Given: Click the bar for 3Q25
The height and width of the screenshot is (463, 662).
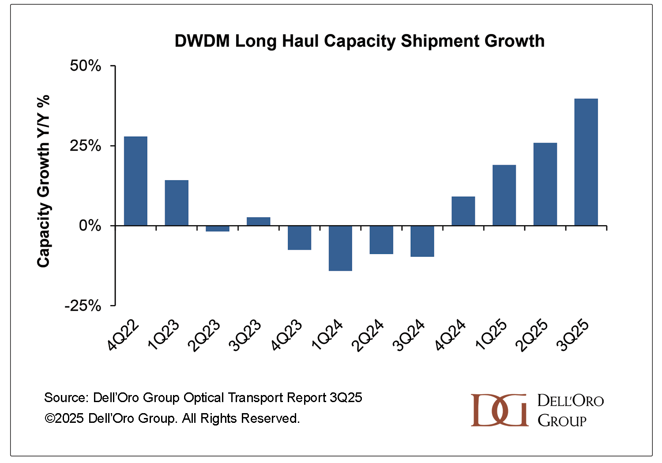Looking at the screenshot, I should (586, 162).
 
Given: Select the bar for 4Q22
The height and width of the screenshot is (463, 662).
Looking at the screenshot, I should (135, 181).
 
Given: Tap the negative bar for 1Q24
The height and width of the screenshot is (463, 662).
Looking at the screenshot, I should (340, 248).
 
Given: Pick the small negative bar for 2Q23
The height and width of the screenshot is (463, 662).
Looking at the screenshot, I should (218, 229).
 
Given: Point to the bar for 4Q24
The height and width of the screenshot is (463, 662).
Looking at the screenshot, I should (463, 211).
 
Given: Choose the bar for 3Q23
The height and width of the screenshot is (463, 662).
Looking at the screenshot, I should (258, 221).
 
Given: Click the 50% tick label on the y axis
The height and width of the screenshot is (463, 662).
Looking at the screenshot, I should (86, 66).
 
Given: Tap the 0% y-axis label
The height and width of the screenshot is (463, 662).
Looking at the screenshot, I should (90, 226).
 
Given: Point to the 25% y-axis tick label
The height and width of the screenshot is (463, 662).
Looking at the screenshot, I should (86, 146).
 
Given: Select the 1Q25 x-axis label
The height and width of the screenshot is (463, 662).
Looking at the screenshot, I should (491, 335).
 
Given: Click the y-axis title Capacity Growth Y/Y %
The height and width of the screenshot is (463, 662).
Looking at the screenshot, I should (43, 181).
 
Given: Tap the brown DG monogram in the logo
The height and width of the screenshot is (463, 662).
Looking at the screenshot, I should (499, 410).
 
